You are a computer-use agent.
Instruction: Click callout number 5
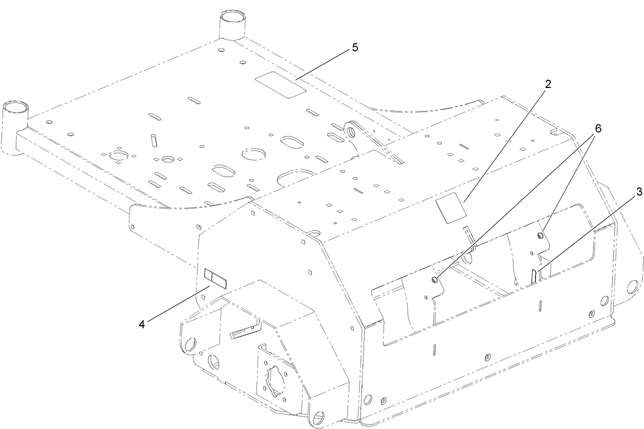[x=355, y=48]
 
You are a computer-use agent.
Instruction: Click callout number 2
[x=548, y=84]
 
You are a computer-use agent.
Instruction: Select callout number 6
[x=597, y=128]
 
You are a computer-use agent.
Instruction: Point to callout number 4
[x=142, y=324]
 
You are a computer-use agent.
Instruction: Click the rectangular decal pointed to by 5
[x=280, y=84]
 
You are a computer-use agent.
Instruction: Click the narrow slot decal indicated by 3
[x=533, y=276]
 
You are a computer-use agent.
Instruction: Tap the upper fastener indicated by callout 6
[x=540, y=235]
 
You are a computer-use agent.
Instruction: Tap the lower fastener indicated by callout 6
[x=435, y=279]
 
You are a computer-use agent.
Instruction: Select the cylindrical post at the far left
[x=14, y=115]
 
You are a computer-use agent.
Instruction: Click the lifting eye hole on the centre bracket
[x=351, y=131]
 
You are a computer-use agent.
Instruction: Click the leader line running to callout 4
[x=177, y=305]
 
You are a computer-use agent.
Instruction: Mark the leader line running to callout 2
[x=504, y=144]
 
